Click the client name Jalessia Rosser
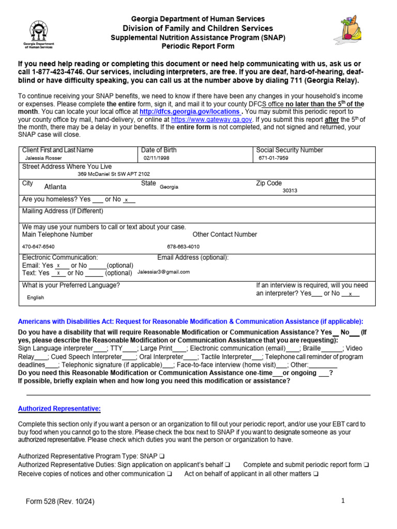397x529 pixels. (43, 158)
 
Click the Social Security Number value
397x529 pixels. (274, 158)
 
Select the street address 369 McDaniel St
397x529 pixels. (114, 175)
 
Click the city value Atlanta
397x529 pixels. (55, 188)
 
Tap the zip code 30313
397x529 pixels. (290, 190)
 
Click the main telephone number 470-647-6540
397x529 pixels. (38, 247)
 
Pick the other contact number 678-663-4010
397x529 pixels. (183, 247)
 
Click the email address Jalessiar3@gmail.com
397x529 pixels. (163, 272)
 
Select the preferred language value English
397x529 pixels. (35, 298)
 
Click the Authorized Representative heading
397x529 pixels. (59, 409)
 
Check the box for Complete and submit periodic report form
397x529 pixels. (367, 465)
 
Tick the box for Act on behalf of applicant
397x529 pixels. (316, 474)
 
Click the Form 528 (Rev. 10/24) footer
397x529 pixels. (61, 502)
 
